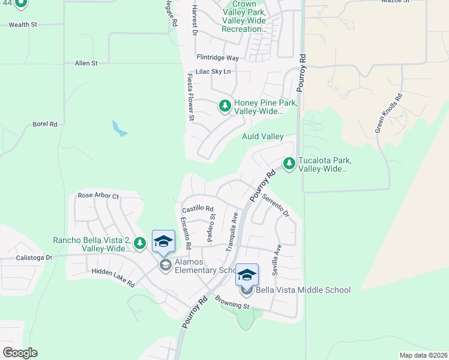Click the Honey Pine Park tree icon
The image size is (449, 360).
pos(225,106)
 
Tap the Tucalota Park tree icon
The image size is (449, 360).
pos(289,163)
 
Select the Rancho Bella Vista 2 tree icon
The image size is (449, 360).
pos(139,243)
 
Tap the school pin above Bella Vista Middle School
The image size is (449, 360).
pos(247,275)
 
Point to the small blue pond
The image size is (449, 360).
pos(119,128)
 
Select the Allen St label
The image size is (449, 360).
pos(86,62)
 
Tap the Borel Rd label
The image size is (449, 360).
pos(45,124)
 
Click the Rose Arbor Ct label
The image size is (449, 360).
pos(98,196)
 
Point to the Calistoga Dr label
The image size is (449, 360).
pos(33,257)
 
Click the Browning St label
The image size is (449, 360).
pos(233,305)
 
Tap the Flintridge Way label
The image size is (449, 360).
pos(218,58)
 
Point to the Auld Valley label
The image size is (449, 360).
pos(262,137)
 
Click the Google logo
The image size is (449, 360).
pos(20,353)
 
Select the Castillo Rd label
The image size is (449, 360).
pos(197,208)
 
